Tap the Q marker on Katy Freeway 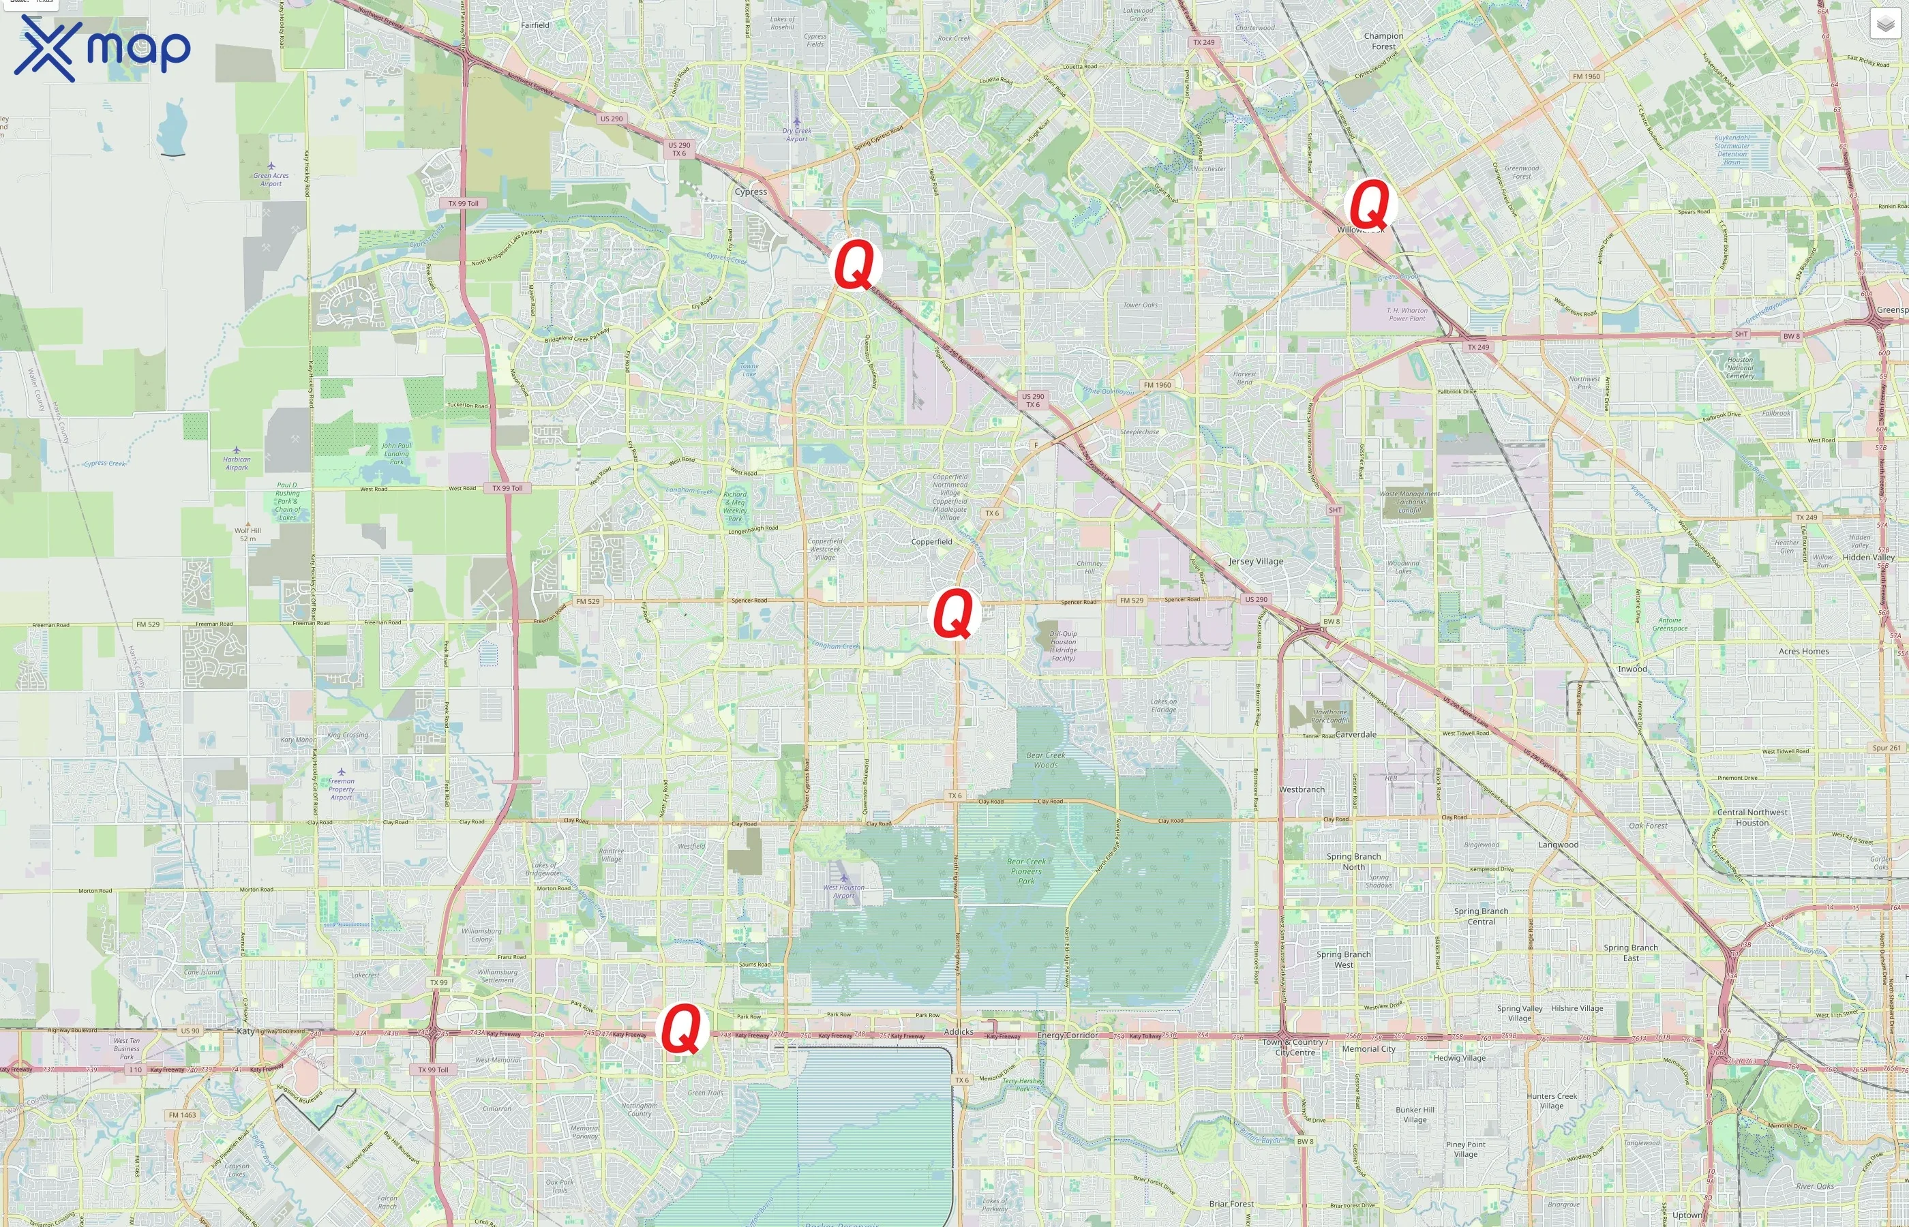[x=682, y=1028]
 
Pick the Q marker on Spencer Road [x=954, y=613]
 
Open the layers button [x=1885, y=25]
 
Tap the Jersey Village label [x=1256, y=562]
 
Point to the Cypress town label [x=751, y=192]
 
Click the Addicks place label [x=959, y=1032]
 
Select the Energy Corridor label [x=1068, y=1035]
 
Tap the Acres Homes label [x=1804, y=652]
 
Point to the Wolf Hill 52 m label [x=247, y=534]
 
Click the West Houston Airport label [x=844, y=891]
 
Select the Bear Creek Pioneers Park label [x=1026, y=871]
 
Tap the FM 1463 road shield [x=183, y=1115]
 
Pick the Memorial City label [x=1368, y=1049]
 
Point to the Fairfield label [x=535, y=25]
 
